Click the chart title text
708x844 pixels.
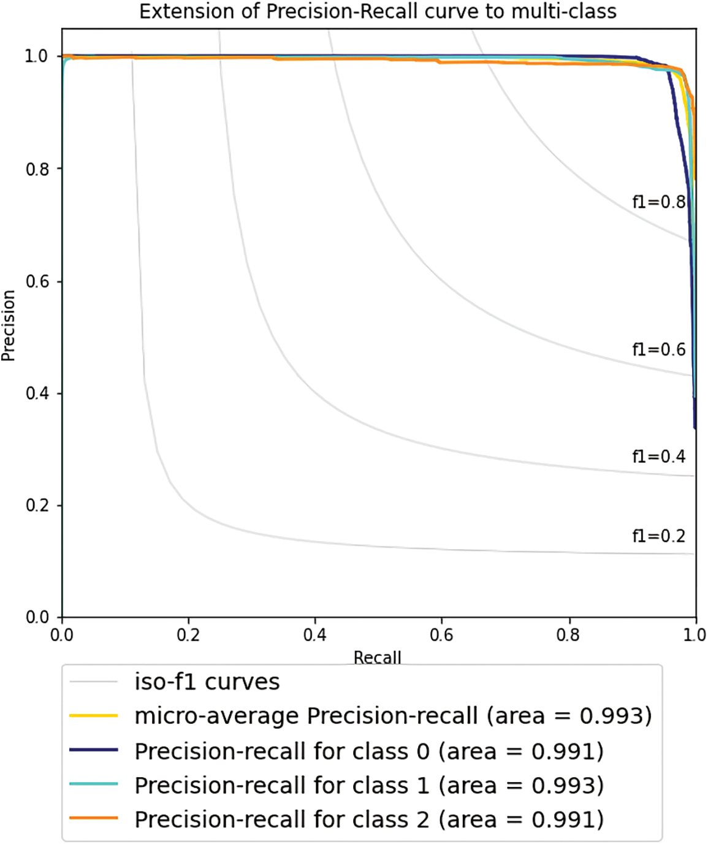(x=378, y=12)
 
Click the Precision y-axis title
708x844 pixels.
(x=9, y=325)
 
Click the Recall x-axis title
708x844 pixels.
(x=378, y=657)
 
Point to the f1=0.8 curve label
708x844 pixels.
(x=658, y=202)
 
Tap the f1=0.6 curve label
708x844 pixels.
(x=658, y=349)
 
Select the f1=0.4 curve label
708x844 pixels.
(x=658, y=456)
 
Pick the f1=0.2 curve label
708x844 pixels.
(x=658, y=536)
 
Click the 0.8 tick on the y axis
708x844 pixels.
(x=37, y=169)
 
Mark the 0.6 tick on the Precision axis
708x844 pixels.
(x=37, y=282)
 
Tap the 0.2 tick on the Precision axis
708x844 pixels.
(x=37, y=506)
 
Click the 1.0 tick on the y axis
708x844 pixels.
(x=36, y=56)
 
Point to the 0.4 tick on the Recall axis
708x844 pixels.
(x=314, y=634)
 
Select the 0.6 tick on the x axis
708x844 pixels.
(x=441, y=634)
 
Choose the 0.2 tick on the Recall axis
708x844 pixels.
(x=188, y=634)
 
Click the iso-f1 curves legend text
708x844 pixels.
(x=207, y=682)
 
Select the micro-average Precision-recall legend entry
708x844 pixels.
(x=392, y=715)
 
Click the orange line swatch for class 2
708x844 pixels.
(x=93, y=818)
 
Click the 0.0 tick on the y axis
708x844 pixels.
(x=37, y=617)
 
